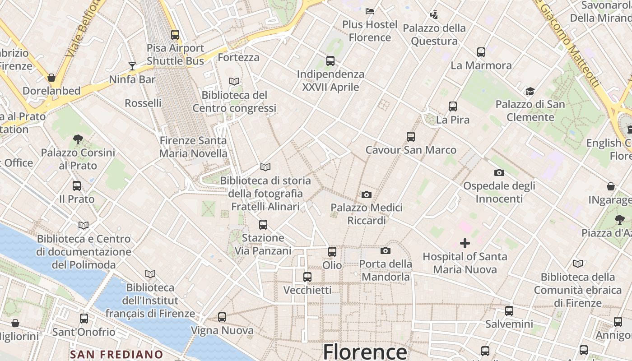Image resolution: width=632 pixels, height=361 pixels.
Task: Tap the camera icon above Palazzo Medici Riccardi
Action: coord(367,194)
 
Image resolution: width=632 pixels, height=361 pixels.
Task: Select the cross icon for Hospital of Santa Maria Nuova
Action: coord(465,244)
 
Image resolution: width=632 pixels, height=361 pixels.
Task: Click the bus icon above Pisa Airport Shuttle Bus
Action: coord(175,34)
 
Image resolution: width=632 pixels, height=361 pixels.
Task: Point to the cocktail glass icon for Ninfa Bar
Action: coord(132,66)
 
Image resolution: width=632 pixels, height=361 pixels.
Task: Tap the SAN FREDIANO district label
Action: coord(116,355)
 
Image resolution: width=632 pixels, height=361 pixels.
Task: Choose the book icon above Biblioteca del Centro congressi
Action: coord(234,82)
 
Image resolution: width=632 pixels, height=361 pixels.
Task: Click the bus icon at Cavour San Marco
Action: coord(411,136)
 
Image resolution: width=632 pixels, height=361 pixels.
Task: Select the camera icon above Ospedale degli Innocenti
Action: coord(499,172)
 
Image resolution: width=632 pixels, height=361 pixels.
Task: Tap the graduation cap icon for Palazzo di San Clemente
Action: coord(530,92)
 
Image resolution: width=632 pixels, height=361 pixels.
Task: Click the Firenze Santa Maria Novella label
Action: coord(193,147)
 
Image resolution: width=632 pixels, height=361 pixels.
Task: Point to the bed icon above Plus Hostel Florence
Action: coord(370,11)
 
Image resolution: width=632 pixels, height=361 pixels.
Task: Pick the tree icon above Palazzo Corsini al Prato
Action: coord(78,139)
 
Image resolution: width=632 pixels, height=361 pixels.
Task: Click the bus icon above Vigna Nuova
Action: coord(222,317)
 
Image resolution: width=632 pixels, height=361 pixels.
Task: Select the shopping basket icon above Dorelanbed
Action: coord(51,78)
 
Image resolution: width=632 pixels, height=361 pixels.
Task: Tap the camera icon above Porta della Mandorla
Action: coord(386,250)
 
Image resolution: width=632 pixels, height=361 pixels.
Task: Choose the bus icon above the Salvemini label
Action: coord(509,310)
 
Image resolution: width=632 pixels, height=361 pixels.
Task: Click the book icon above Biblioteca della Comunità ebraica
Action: coord(578,264)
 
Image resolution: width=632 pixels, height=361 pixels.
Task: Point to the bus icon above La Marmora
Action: coord(481,52)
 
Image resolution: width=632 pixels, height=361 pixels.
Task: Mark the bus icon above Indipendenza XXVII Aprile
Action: coord(330,60)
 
